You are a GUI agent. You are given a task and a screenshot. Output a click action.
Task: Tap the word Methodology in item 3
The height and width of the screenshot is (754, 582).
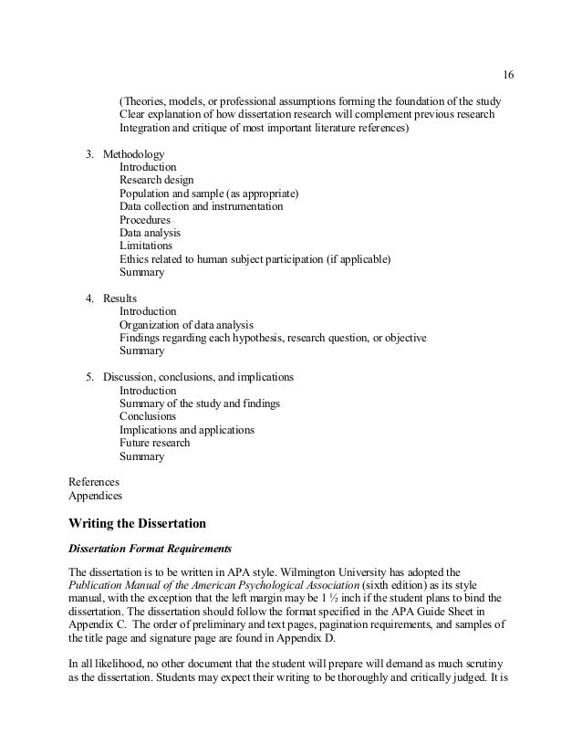(x=133, y=154)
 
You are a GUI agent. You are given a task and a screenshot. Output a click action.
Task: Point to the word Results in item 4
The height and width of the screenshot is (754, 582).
(x=120, y=298)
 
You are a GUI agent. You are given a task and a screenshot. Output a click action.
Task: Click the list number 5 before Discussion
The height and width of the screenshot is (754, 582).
(x=88, y=377)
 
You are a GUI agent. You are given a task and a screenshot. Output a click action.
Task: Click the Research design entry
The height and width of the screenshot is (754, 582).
(x=156, y=181)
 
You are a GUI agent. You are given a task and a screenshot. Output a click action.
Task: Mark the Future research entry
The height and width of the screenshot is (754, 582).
(x=156, y=443)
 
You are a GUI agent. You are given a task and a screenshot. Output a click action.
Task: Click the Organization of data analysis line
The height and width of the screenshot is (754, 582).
(x=186, y=325)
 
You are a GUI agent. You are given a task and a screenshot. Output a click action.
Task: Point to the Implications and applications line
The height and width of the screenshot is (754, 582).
(x=186, y=429)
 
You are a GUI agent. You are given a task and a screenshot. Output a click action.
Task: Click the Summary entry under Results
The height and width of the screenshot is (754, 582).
(x=141, y=351)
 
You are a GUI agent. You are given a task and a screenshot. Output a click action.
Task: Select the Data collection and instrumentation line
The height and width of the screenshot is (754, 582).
(x=201, y=207)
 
